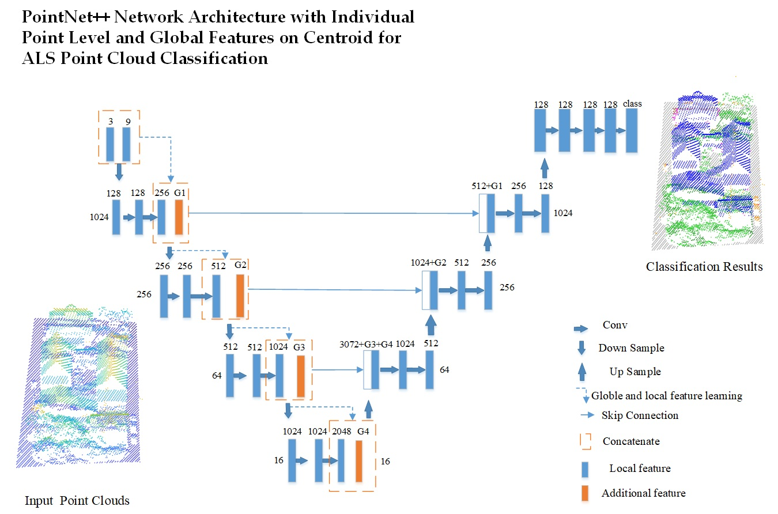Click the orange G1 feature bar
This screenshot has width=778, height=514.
[179, 217]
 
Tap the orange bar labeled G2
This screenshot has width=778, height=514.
[240, 296]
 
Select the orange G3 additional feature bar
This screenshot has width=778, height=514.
[300, 376]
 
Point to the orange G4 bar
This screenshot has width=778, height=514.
[358, 460]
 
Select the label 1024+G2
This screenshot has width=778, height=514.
[428, 263]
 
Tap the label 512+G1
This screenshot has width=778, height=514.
[487, 186]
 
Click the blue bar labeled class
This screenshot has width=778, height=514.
[632, 130]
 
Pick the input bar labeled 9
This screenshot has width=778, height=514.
[126, 144]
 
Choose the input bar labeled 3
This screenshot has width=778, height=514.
[110, 144]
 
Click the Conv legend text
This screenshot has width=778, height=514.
[615, 325]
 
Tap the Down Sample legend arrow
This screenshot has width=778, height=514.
[581, 347]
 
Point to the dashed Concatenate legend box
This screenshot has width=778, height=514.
[584, 441]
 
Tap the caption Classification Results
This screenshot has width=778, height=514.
[704, 266]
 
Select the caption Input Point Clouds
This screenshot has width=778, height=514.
[77, 500]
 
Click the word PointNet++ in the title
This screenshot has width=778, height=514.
[66, 17]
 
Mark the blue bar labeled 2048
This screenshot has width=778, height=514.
[341, 460]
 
